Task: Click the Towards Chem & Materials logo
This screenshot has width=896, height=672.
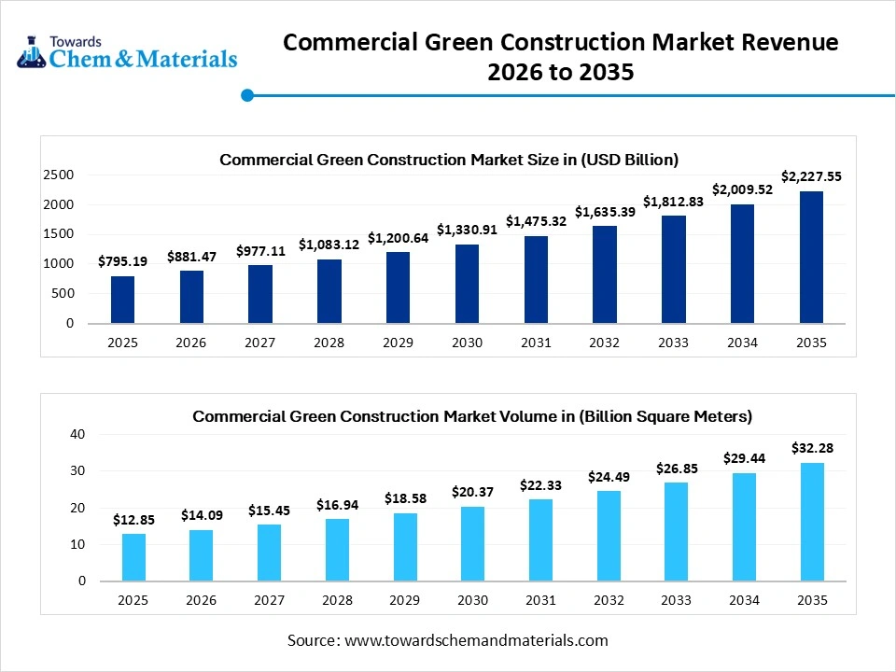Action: tap(127, 52)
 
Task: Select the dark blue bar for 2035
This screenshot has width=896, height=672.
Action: tap(811, 258)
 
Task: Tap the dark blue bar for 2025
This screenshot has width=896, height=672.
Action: tap(122, 300)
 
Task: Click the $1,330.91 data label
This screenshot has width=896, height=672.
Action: tap(467, 230)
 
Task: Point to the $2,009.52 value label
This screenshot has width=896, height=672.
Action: tap(742, 189)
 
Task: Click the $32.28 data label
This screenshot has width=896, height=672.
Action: tap(811, 448)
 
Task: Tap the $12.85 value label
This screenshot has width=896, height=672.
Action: tap(133, 519)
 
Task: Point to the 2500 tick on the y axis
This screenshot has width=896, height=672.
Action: tap(58, 175)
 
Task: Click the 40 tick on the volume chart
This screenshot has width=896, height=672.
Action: tap(77, 434)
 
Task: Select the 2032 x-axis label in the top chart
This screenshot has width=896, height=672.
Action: tap(604, 343)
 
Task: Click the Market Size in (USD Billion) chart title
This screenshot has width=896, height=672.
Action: tap(449, 160)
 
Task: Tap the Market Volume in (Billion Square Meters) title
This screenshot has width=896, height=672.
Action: tap(472, 416)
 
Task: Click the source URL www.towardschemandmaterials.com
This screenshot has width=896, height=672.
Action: tap(476, 640)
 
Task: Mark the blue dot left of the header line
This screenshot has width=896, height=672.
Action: tap(247, 94)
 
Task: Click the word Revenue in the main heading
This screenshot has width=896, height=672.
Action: tap(779, 42)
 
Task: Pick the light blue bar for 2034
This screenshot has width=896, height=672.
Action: tap(743, 526)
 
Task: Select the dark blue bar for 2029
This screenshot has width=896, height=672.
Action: tap(398, 287)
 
